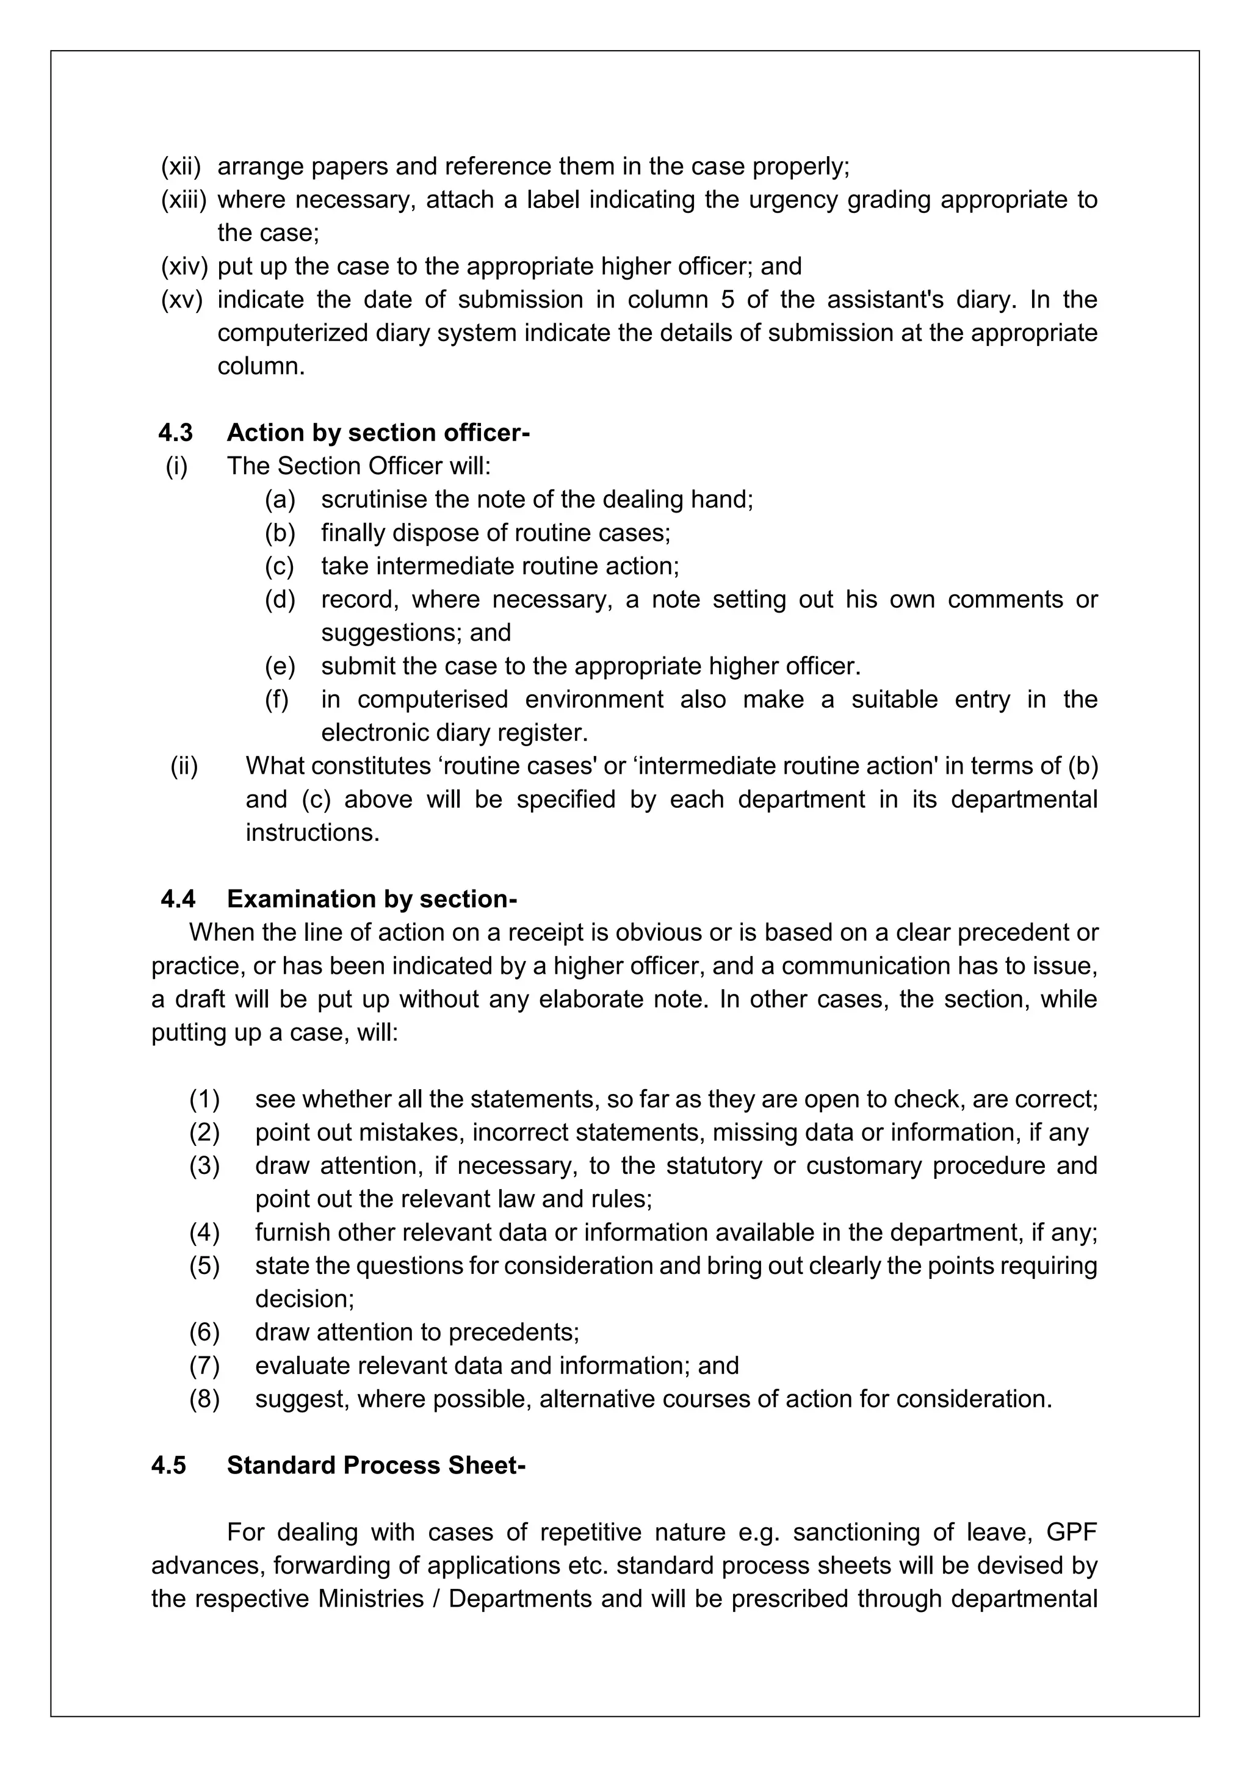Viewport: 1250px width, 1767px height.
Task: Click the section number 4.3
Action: click(176, 433)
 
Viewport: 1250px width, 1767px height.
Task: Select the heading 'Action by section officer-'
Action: click(378, 433)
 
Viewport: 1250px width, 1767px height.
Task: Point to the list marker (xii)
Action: click(180, 166)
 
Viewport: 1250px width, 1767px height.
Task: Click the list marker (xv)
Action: click(181, 300)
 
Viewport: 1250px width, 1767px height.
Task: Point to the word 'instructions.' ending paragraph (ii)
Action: click(312, 833)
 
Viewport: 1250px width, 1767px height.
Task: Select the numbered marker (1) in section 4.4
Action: click(204, 1099)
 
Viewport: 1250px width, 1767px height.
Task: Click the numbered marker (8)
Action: click(204, 1398)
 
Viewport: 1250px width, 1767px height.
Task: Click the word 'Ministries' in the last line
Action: click(372, 1599)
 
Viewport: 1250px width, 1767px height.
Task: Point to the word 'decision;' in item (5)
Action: click(305, 1299)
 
